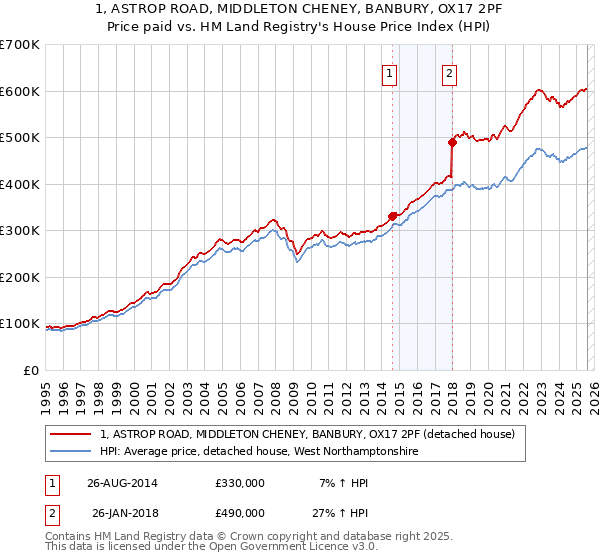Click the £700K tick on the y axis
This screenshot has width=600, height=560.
pos(20,45)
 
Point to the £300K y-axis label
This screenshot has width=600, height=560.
pos(20,231)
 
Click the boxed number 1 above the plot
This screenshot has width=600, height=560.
pos(388,72)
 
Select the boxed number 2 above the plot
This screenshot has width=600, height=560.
pos(450,72)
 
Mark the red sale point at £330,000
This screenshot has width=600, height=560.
pos(392,216)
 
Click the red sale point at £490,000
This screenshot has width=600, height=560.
pos(452,142)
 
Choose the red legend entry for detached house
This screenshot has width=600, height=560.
pos(307,434)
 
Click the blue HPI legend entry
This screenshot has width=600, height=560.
pos(260,452)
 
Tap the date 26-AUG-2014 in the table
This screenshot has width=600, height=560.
pos(120,483)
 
